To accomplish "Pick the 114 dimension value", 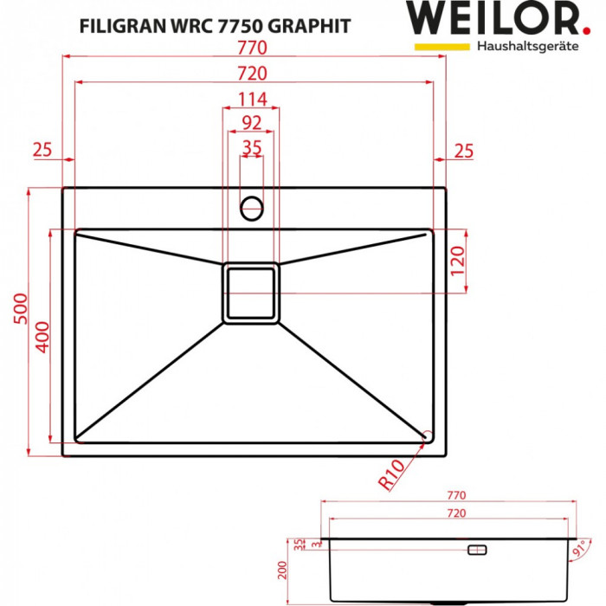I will coord(252,99).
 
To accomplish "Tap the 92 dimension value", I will coord(252,123).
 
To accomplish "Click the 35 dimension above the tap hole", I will coord(252,148).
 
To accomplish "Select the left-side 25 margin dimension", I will coord(42,151).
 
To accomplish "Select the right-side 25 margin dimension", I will coord(464,151).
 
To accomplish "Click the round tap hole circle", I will coord(252,206).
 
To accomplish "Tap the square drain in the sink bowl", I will coord(252,293).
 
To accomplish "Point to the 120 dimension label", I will coord(458,261).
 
